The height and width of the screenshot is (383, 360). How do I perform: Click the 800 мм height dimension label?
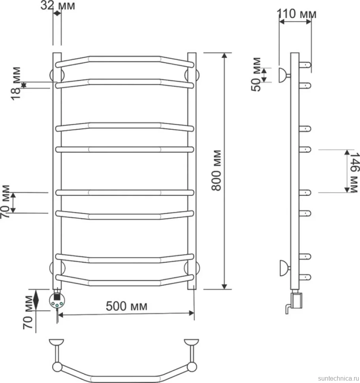(x=217, y=170)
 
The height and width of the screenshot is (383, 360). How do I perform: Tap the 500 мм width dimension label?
(x=126, y=306)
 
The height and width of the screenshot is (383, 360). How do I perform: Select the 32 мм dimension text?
(x=58, y=6)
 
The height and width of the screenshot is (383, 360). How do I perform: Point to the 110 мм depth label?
(x=297, y=14)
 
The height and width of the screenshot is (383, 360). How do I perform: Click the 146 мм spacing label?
(x=354, y=173)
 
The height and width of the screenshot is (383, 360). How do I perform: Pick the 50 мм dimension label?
(x=256, y=74)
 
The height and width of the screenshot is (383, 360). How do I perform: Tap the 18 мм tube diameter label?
(x=16, y=83)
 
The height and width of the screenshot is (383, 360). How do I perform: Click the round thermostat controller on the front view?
(x=57, y=300)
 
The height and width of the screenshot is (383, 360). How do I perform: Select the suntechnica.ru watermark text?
(x=339, y=378)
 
